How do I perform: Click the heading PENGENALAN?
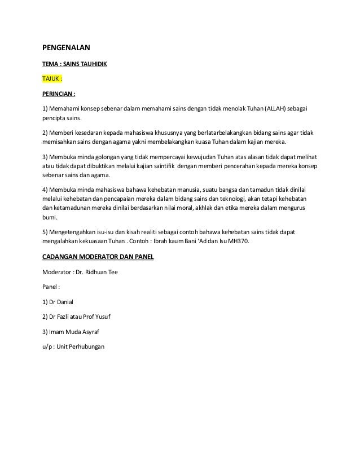tap(67, 47)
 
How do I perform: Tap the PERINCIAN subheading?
tap(59, 94)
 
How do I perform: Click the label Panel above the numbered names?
tap(51, 287)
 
